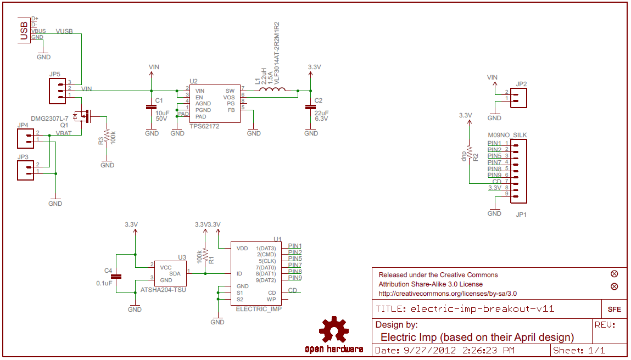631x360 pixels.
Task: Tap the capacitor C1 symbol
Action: click(152, 108)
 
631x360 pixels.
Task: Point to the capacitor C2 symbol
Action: click(311, 108)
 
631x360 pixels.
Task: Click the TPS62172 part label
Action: click(204, 126)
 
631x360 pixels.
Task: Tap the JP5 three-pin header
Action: click(57, 91)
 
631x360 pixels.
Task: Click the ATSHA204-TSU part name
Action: click(163, 289)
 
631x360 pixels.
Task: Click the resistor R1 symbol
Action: click(205, 255)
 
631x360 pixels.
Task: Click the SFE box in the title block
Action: click(614, 309)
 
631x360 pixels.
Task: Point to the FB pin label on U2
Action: click(231, 110)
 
